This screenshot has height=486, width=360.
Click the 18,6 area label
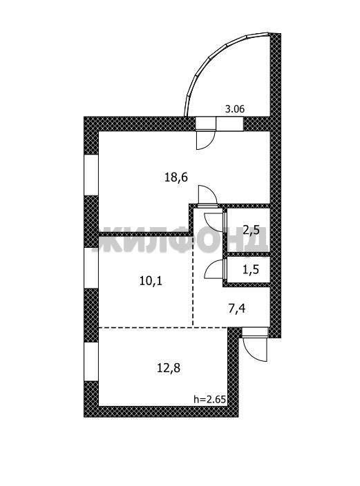click(176, 178)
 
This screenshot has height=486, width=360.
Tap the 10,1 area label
click(151, 282)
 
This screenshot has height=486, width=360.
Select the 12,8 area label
click(169, 368)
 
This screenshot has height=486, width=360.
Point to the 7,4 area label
click(236, 309)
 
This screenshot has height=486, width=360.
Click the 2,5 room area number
click(251, 231)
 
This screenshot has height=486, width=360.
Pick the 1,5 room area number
click(250, 269)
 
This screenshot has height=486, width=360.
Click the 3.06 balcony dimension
click(235, 109)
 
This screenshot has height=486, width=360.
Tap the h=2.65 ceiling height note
click(210, 399)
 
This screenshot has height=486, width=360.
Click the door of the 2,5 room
click(212, 222)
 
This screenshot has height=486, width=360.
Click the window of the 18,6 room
click(91, 175)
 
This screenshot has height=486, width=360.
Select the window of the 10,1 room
click(91, 268)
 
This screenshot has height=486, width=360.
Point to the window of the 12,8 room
click(91, 362)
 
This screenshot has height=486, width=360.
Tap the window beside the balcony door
click(229, 124)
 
